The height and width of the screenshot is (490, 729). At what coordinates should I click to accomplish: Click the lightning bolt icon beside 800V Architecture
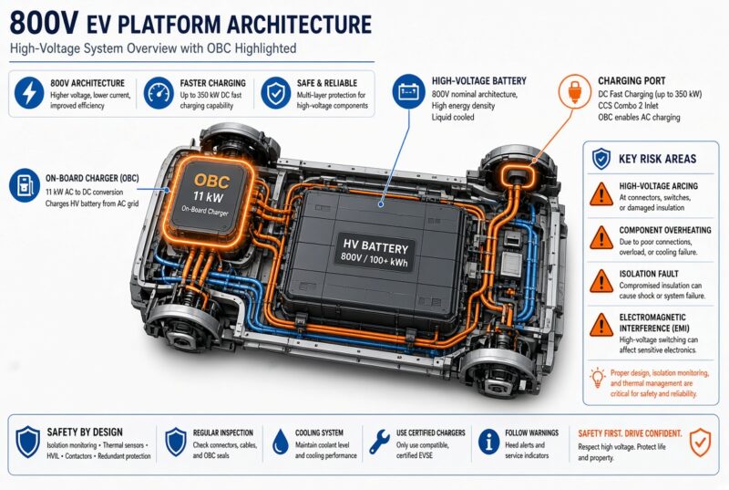[x=29, y=93]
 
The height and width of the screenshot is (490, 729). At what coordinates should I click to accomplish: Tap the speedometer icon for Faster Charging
[x=159, y=93]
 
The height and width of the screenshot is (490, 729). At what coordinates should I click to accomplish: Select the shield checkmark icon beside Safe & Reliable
[x=276, y=93]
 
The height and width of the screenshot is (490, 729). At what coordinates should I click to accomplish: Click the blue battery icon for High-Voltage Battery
[x=408, y=90]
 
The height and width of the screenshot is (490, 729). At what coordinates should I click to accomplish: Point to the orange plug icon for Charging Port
[x=574, y=90]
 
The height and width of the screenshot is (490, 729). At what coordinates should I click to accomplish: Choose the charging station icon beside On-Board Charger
[x=25, y=185]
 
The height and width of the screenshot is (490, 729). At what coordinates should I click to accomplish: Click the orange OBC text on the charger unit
[x=211, y=181]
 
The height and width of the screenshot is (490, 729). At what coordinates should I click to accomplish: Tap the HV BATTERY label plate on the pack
[x=375, y=254]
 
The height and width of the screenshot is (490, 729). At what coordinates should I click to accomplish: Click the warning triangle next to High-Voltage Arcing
[x=601, y=194]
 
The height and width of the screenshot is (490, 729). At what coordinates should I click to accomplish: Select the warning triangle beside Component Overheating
[x=601, y=238]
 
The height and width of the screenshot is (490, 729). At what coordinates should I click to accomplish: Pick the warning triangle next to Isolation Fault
[x=601, y=281]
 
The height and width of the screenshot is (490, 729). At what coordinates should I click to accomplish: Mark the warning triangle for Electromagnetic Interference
[x=601, y=325]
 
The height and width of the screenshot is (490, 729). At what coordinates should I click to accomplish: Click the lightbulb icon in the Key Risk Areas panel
[x=598, y=378]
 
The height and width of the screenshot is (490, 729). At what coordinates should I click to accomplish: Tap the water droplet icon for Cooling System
[x=281, y=441]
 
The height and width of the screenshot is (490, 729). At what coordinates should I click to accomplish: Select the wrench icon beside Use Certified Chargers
[x=379, y=442]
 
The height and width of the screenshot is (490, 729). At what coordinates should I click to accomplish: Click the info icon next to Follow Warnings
[x=488, y=441]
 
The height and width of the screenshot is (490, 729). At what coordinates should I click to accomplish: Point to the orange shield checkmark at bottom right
[x=700, y=442]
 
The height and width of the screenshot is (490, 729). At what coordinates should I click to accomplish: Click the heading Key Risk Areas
[x=657, y=159]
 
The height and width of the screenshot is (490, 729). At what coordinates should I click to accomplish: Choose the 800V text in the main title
[x=43, y=23]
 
